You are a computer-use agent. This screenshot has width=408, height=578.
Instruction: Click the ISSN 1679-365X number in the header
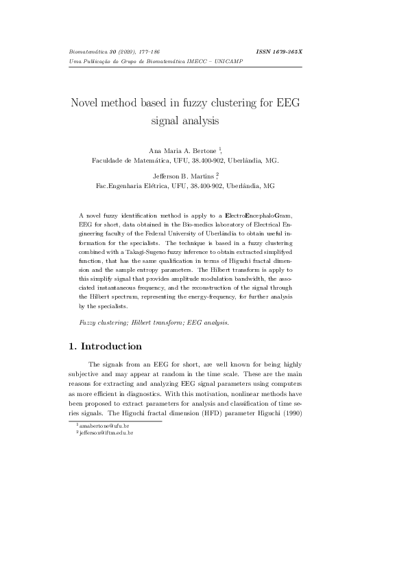pyautogui.click(x=279, y=51)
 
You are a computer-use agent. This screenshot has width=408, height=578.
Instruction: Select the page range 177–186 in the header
pyautogui.click(x=137, y=51)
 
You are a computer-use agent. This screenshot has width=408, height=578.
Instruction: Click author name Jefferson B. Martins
pyautogui.click(x=182, y=176)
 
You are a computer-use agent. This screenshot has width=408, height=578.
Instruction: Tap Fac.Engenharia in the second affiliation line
pyautogui.click(x=117, y=185)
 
